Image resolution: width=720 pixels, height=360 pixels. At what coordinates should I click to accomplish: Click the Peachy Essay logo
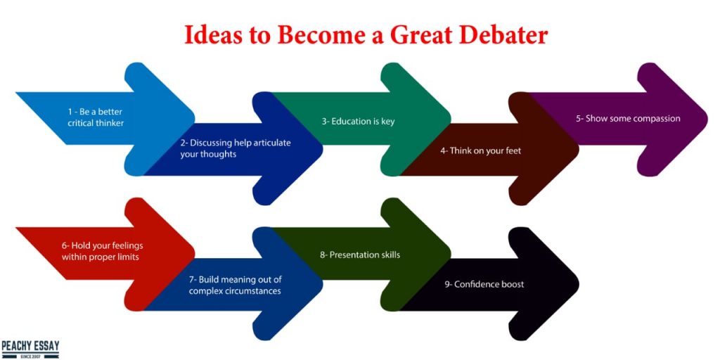point(30,349)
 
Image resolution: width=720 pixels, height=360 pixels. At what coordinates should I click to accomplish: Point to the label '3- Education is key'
point(358,122)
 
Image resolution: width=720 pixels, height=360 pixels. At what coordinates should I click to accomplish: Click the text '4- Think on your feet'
point(480,150)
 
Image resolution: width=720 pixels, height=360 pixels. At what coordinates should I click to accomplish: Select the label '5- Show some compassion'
point(628,118)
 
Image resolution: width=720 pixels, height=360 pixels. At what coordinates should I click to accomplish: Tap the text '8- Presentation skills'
point(360,255)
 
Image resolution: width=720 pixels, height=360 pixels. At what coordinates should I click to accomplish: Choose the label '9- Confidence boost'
point(484,284)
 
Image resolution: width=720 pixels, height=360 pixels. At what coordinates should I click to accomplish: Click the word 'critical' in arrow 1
point(81,123)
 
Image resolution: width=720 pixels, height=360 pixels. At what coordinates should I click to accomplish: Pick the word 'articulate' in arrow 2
point(271,142)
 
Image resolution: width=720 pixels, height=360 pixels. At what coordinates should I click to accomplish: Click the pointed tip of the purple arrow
point(707,118)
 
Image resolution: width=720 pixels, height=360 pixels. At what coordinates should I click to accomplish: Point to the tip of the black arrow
point(578,284)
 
